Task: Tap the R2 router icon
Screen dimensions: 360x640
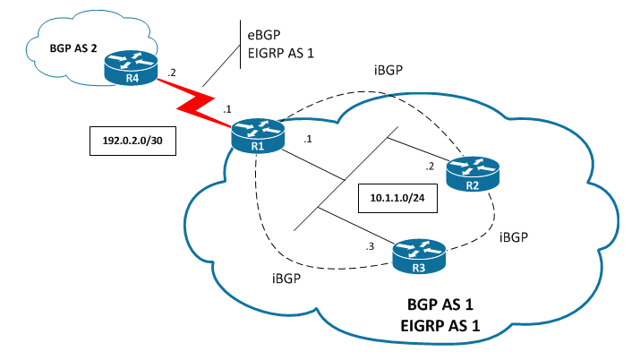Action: [x=472, y=173]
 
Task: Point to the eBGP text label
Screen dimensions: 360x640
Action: [x=266, y=34]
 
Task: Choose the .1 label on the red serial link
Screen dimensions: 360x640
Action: [x=226, y=108]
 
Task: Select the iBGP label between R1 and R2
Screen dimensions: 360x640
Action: [x=391, y=71]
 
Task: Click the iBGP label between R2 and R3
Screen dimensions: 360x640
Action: [x=516, y=237]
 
